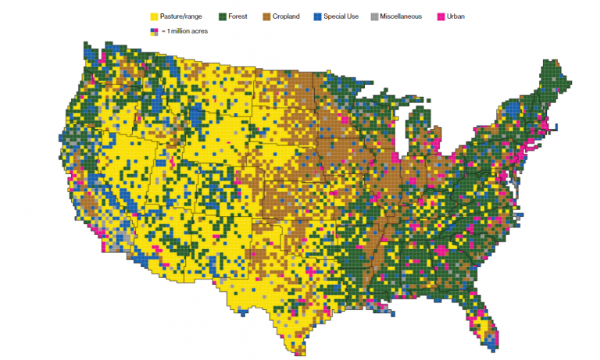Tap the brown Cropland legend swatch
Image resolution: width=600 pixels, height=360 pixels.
pos(267,16)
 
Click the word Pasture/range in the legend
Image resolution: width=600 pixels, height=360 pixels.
pos(181,16)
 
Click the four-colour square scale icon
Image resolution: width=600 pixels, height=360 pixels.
pos(153,31)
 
